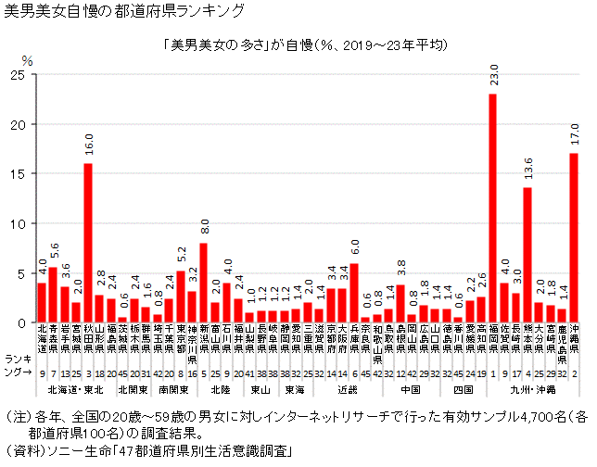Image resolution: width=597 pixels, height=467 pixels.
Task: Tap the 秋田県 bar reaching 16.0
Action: click(x=88, y=243)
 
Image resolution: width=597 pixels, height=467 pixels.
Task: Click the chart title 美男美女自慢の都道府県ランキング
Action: click(x=125, y=12)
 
